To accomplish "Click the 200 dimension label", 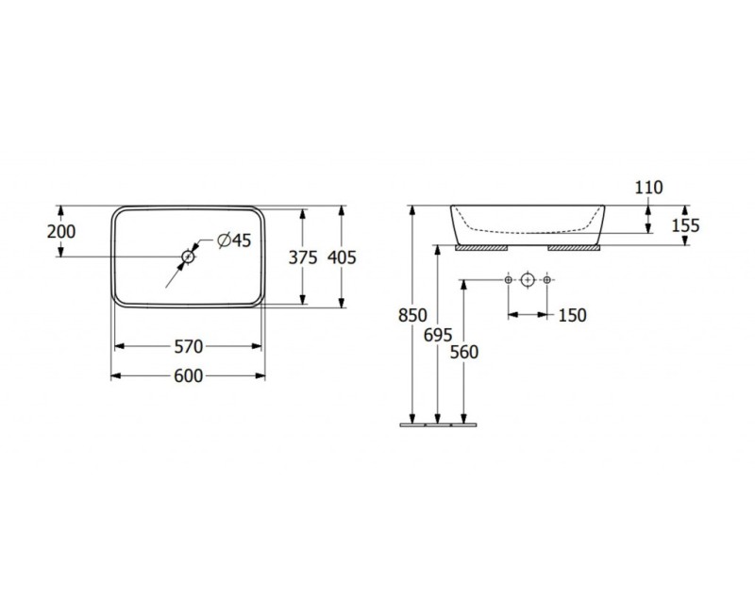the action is [x=61, y=231].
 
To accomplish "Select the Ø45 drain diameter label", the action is [x=234, y=240].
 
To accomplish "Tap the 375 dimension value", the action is [x=303, y=257].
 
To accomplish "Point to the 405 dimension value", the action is [x=342, y=257].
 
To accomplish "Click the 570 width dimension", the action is [x=188, y=346].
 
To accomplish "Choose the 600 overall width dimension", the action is [x=188, y=375].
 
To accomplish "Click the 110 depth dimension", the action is [x=648, y=187].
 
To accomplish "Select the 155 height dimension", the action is [x=685, y=225].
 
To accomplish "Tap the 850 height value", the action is [x=412, y=315].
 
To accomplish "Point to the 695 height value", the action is [x=438, y=335].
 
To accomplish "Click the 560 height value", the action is [x=464, y=352].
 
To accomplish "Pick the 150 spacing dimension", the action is [x=573, y=315].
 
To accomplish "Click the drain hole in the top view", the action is [x=188, y=257].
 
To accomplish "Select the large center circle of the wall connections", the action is [x=528, y=279].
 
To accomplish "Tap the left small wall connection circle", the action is [x=509, y=279].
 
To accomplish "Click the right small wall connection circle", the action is [x=546, y=279].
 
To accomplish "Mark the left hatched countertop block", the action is [x=482, y=248].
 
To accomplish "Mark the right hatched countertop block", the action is [x=574, y=248].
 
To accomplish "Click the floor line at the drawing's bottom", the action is [x=438, y=425].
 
